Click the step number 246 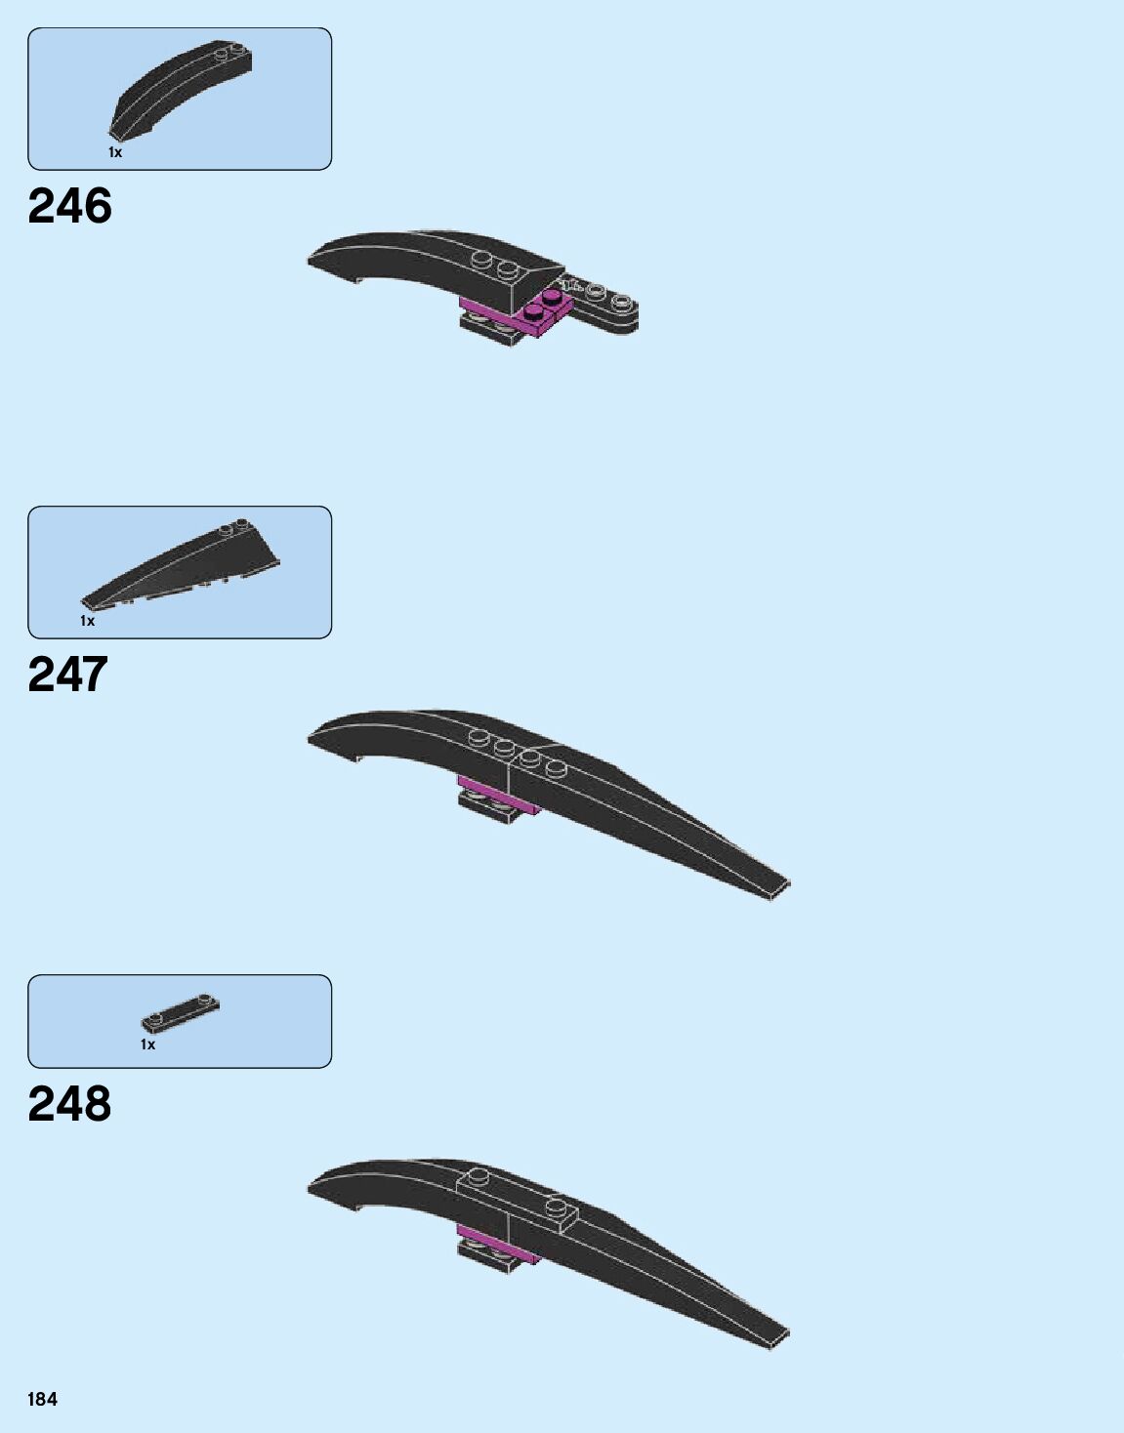tap(69, 206)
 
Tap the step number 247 tap(67, 675)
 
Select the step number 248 tap(69, 1104)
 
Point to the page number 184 tap(42, 1399)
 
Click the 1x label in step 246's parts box tap(115, 152)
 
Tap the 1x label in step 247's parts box tap(88, 621)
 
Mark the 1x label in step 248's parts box tap(147, 1044)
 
